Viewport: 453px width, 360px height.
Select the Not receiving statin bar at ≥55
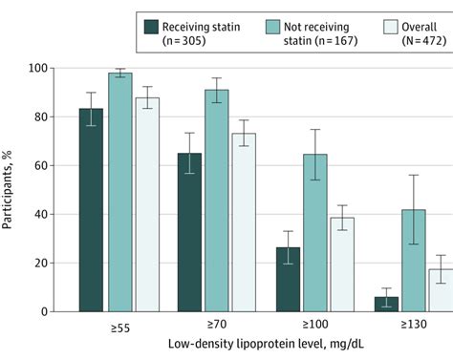(119, 192)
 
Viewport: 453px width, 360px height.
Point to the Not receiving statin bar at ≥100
(315, 233)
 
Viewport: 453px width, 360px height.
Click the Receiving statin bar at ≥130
(385, 304)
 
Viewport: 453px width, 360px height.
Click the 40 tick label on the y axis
(61, 214)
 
